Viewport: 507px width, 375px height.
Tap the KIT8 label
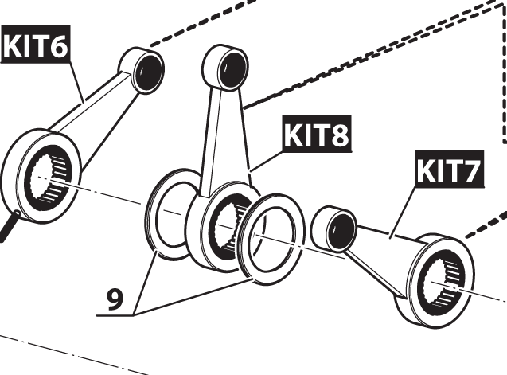(x=316, y=136)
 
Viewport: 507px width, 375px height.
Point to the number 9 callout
(x=115, y=299)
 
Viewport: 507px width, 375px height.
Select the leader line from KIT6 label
(x=76, y=83)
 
